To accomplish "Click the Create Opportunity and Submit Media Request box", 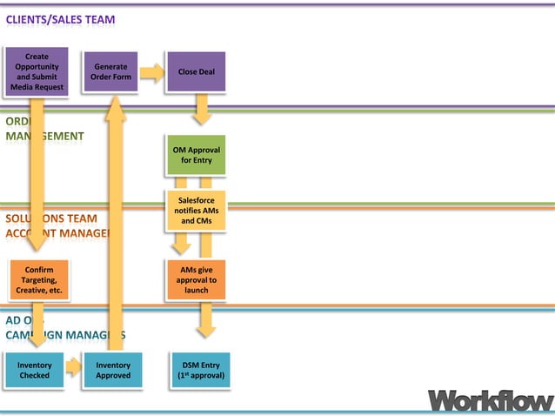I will [x=35, y=72].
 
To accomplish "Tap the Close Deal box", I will [x=196, y=72].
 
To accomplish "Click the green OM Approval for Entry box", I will [x=196, y=155].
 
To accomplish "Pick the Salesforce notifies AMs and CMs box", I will [x=196, y=211].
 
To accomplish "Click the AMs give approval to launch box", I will [x=196, y=280].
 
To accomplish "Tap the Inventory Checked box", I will [x=35, y=371].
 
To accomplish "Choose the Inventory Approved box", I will [x=113, y=371].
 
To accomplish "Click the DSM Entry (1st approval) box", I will [x=201, y=371].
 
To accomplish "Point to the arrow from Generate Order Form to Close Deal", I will [x=152, y=74].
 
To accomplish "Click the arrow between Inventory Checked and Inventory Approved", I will [x=73, y=367].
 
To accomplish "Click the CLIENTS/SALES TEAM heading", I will [x=60, y=19].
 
